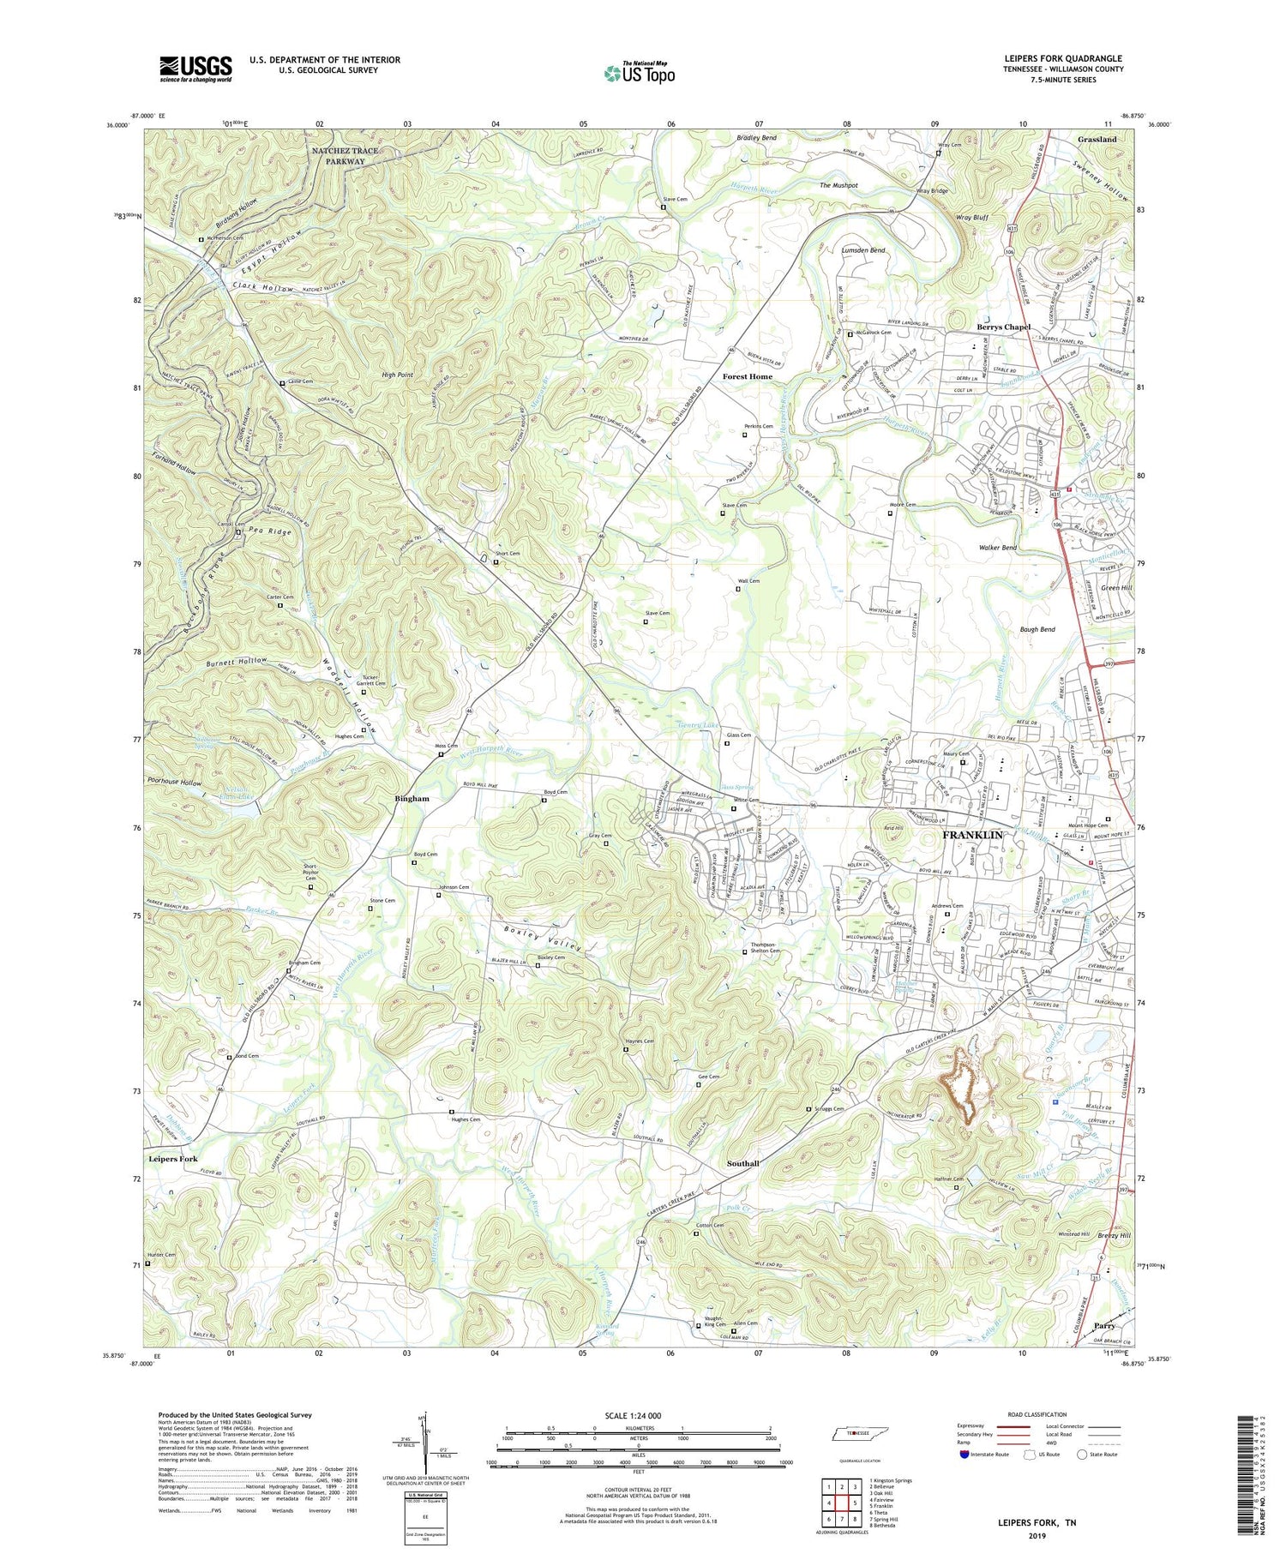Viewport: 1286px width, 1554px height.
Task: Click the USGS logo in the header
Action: click(x=195, y=69)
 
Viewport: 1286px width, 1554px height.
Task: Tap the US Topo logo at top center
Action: click(x=639, y=73)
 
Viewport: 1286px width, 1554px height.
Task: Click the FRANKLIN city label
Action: click(x=972, y=834)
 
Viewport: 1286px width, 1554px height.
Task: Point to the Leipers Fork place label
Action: click(x=173, y=1158)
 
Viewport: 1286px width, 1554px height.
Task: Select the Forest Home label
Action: click(x=747, y=376)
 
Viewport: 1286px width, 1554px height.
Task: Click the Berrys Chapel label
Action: click(x=1003, y=327)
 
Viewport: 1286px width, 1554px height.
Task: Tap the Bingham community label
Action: click(x=412, y=798)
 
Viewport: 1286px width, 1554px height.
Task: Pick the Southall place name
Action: click(x=742, y=1163)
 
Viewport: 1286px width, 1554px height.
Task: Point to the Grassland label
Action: click(x=1097, y=139)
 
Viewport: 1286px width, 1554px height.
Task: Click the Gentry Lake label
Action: click(x=694, y=725)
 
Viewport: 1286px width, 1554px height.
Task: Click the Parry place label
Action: click(x=1104, y=1326)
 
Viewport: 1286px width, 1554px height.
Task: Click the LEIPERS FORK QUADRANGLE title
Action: click(x=1063, y=58)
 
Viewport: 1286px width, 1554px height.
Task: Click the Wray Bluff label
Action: click(x=972, y=218)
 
